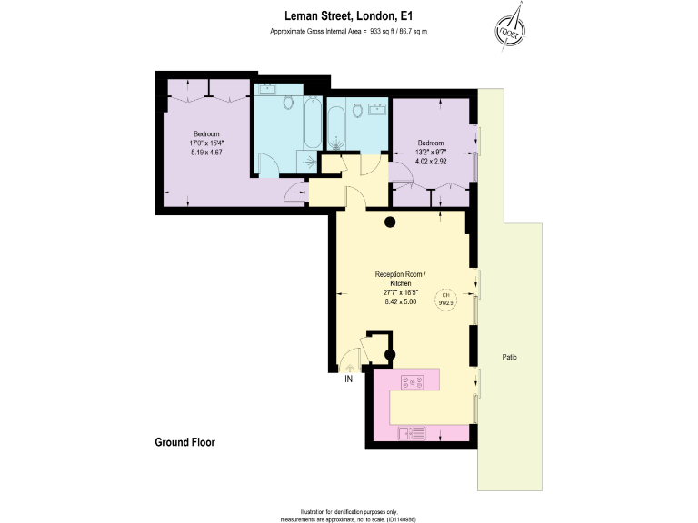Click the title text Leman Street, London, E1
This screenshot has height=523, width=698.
pos(348,15)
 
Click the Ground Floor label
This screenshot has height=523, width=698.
pos(184,442)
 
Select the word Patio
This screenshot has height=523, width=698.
pos(510,357)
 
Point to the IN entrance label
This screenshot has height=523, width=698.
pos(347,380)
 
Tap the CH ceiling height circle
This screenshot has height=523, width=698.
pos(446,299)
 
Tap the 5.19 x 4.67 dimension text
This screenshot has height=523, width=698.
pos(206,153)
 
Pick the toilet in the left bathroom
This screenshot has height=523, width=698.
pos(289,103)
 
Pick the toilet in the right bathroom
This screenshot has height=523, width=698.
pos(357,111)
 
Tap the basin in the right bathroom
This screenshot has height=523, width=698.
pos(377,108)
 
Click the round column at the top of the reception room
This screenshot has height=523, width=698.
pos(390,222)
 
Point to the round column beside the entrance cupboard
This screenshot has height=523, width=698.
pos(390,355)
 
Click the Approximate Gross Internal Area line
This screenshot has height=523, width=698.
pos(348,32)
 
